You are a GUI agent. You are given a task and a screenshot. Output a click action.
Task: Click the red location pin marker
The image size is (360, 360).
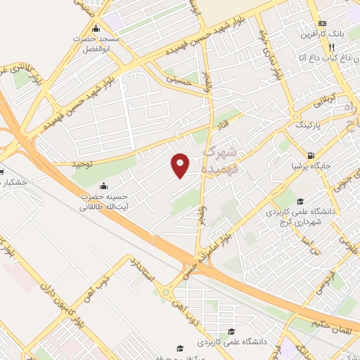coord(181,165)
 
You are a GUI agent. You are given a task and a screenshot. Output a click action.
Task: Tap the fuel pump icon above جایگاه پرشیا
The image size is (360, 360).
coord(310,155)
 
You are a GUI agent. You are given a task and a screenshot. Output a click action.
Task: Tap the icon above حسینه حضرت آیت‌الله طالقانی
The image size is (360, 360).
coord(104,186)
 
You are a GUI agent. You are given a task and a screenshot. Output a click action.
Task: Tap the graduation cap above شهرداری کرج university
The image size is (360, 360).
coord(300,200)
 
